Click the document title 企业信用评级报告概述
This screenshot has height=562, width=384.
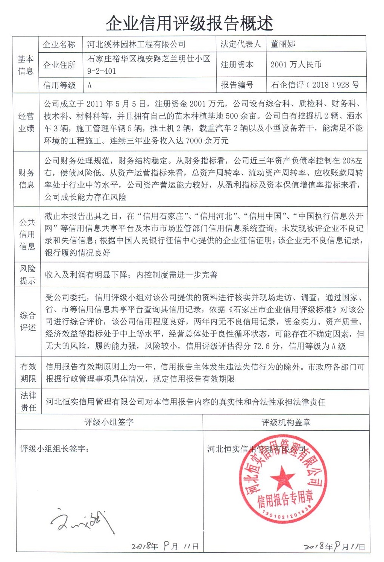(189, 23)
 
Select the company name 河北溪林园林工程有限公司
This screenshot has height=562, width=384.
(136, 44)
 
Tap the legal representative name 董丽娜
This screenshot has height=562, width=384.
(283, 44)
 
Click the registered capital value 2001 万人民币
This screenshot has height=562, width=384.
(296, 64)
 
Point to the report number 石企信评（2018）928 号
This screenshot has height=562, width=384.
(315, 85)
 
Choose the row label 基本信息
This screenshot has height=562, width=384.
(26, 65)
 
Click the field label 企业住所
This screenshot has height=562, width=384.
(59, 65)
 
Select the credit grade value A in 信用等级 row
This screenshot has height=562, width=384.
(90, 85)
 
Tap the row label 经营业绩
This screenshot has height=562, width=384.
(26, 122)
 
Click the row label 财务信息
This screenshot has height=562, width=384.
(26, 179)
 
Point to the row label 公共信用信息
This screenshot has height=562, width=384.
(27, 234)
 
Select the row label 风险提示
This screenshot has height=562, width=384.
(27, 274)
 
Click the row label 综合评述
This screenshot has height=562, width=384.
(28, 321)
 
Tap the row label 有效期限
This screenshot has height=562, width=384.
(28, 372)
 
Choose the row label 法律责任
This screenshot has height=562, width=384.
(28, 401)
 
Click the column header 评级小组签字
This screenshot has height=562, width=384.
(109, 422)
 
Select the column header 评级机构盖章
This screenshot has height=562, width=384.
(286, 422)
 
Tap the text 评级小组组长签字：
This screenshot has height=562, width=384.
(55, 449)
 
